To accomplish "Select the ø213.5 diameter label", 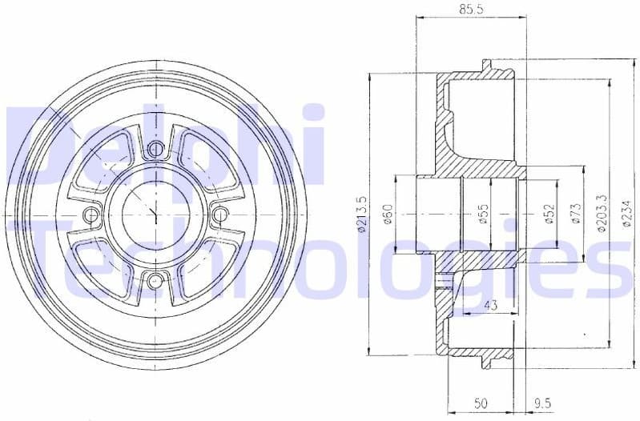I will [x=362, y=215].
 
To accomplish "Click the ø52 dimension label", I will [x=549, y=214].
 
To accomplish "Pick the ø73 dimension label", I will [x=576, y=214].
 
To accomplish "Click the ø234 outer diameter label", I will [x=626, y=214].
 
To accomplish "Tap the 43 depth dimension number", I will [x=491, y=305].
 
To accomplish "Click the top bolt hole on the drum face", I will [x=156, y=148].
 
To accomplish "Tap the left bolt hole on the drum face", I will [x=91, y=214].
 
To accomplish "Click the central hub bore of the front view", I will [x=156, y=214].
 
